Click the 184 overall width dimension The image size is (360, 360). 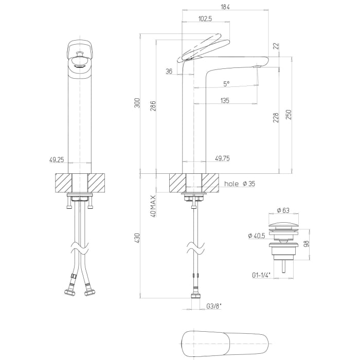(x=225, y=7)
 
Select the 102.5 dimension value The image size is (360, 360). (x=205, y=19)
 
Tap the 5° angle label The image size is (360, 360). (x=226, y=84)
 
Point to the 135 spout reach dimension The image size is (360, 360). (x=225, y=101)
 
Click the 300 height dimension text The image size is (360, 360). (x=137, y=103)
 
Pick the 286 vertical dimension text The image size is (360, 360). (x=153, y=106)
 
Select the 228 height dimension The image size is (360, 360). (x=276, y=118)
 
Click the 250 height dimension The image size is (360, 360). (x=289, y=115)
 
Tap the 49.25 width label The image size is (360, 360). (x=57, y=159)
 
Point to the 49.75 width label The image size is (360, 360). (x=222, y=158)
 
